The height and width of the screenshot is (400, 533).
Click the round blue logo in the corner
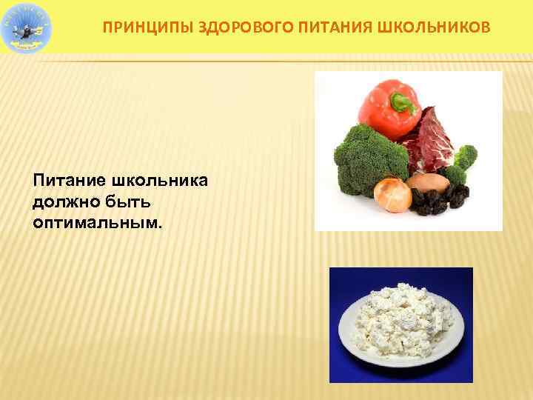pos(27,27)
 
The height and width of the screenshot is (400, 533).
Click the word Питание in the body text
pos(69,181)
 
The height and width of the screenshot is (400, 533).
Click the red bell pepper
pos(385,104)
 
